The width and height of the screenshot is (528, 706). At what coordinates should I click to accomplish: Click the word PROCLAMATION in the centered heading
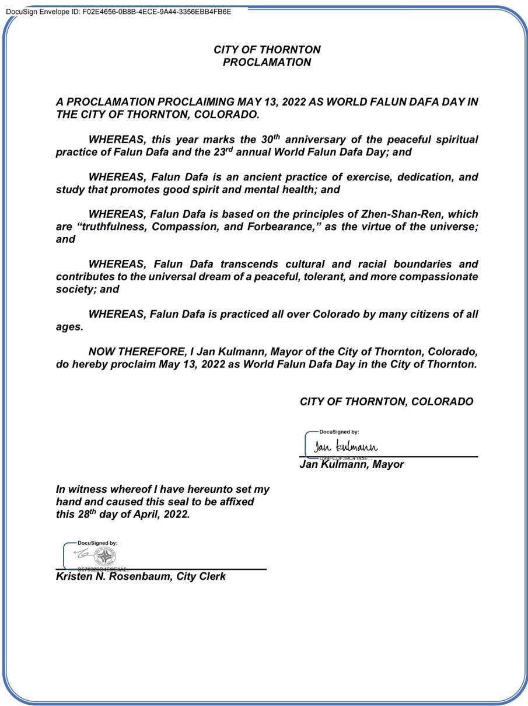click(x=267, y=62)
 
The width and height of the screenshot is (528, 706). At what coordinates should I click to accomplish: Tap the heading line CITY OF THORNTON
click(x=267, y=50)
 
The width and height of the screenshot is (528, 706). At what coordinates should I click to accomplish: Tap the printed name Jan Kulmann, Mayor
click(x=351, y=465)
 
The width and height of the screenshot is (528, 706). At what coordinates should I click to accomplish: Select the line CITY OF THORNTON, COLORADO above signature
click(x=386, y=402)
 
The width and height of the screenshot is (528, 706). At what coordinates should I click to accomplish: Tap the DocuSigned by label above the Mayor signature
click(x=339, y=432)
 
